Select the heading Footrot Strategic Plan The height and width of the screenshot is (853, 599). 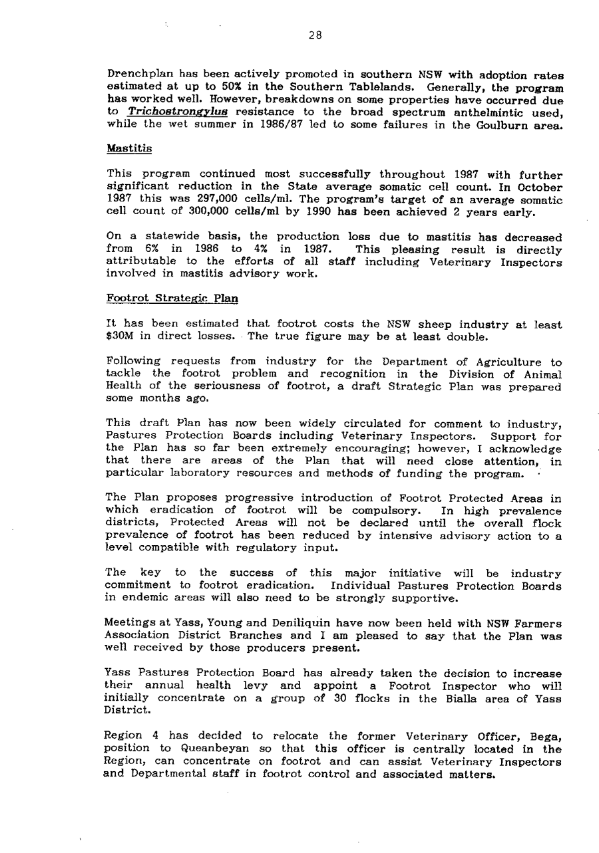[172, 299]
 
